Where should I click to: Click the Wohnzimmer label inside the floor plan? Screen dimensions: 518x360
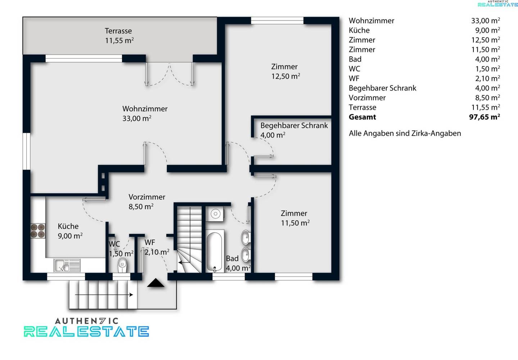(145, 109)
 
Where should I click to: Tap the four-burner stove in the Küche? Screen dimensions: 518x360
(38, 231)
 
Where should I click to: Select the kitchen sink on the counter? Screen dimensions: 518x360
(67, 265)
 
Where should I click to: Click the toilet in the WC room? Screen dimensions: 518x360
(122, 265)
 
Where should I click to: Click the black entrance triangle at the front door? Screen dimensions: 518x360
(156, 283)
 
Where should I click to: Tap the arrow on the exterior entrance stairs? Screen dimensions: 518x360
(104, 295)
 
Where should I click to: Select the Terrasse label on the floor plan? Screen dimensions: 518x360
(118, 31)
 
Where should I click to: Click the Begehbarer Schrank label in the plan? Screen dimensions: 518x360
(294, 125)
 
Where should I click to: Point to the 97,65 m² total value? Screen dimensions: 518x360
(485, 117)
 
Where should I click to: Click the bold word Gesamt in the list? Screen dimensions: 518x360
(362, 117)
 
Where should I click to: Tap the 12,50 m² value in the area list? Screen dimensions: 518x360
(486, 40)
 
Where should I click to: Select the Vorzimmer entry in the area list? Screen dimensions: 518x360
(367, 98)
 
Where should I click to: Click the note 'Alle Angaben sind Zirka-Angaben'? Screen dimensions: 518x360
(405, 133)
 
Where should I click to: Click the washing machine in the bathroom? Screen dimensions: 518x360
(215, 214)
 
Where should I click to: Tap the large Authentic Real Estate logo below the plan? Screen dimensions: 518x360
(86, 327)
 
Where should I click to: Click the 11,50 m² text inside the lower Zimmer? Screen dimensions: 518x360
(295, 223)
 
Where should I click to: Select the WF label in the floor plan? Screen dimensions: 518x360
(150, 243)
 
